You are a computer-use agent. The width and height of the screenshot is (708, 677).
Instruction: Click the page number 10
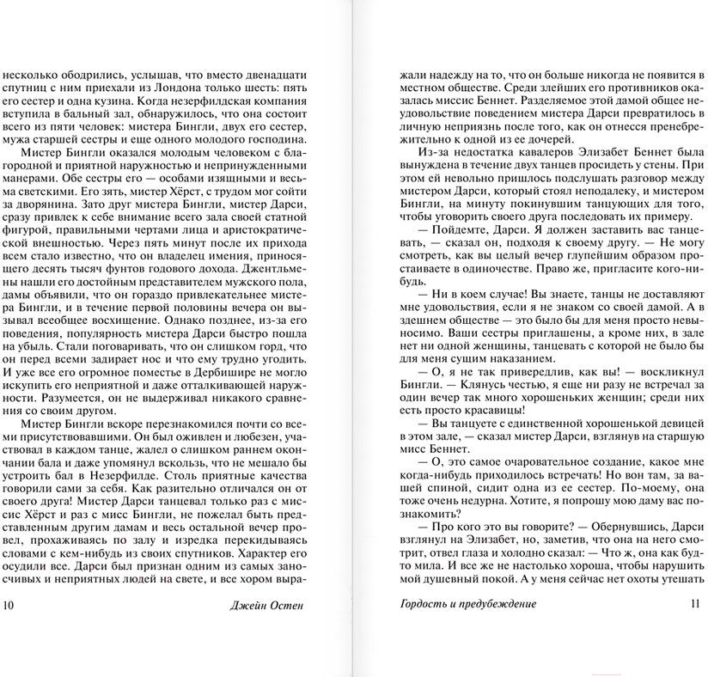tap(9, 604)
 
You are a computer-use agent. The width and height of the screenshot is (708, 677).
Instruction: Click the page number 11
tap(696, 604)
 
